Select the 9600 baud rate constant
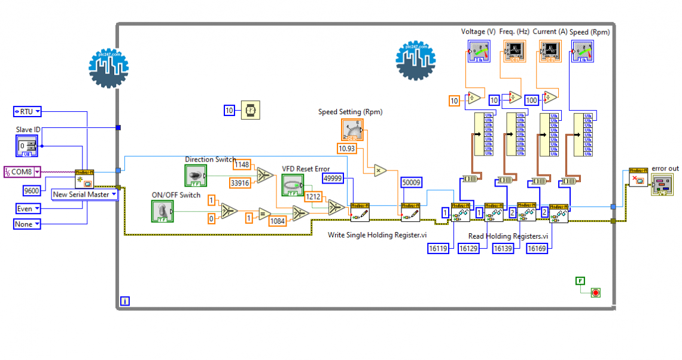pyautogui.click(x=31, y=190)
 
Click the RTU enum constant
pyautogui.click(x=27, y=111)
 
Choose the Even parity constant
pyautogui.click(x=27, y=209)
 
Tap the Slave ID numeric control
pyautogui.click(x=26, y=146)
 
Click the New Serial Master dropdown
pyautogui.click(x=84, y=194)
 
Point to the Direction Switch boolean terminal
pyautogui.click(x=195, y=176)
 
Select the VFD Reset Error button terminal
pyautogui.click(x=293, y=184)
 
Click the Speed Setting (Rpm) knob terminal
pyautogui.click(x=352, y=130)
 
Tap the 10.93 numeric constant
pyautogui.click(x=347, y=148)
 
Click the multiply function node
pyautogui.click(x=380, y=171)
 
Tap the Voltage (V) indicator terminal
pyautogui.click(x=479, y=51)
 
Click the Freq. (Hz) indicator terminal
pyautogui.click(x=514, y=51)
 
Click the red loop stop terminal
pyautogui.click(x=595, y=292)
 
